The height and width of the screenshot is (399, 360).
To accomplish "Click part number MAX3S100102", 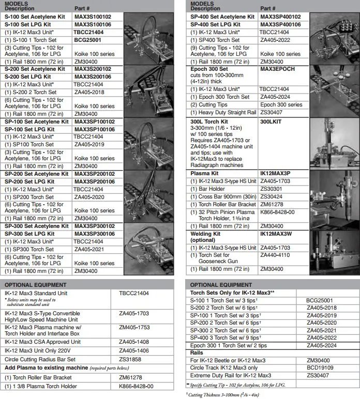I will pyautogui.click(x=93, y=17).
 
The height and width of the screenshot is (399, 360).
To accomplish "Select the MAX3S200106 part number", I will pyautogui.click(x=93, y=76).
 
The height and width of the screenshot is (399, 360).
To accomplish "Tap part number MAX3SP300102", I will pyautogui.click(x=95, y=226).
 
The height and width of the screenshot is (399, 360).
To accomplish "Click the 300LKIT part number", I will pyautogui.click(x=271, y=121).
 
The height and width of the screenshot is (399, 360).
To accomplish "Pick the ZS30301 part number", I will pyautogui.click(x=271, y=189).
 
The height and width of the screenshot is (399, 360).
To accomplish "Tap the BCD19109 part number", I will pyautogui.click(x=319, y=367).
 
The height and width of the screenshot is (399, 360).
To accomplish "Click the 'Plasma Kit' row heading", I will pyautogui.click(x=204, y=174).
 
